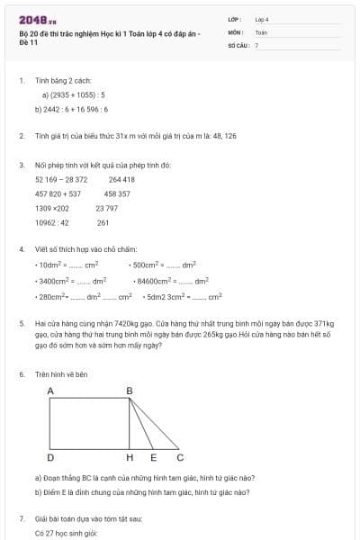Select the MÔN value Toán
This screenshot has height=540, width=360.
pos(261,31)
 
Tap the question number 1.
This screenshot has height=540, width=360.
pos(21,80)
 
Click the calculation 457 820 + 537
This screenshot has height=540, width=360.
pos(58,193)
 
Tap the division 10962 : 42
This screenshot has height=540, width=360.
pos(52,222)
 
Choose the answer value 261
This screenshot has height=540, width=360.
pos(103,222)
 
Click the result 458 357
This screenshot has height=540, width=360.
pos(117,193)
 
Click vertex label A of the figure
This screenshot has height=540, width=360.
pos(50,391)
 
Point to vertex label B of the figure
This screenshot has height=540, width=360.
pos(129,391)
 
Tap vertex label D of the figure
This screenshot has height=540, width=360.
pos(50,457)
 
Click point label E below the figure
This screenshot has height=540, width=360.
pos(153,457)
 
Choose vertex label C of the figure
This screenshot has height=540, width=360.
pos(180,457)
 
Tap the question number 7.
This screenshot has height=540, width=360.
pos(21,519)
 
